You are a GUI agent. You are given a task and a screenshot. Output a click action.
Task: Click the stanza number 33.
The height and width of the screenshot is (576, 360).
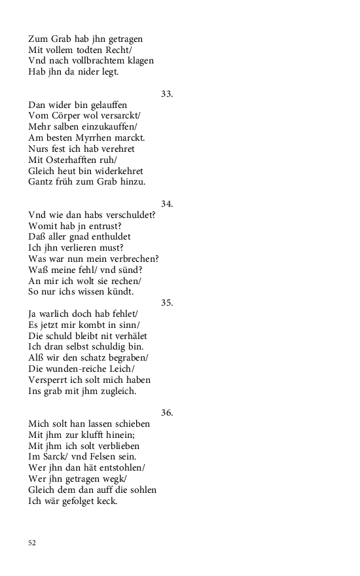pyautogui.click(x=167, y=94)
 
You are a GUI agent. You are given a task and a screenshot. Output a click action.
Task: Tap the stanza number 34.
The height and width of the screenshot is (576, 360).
pyautogui.click(x=167, y=204)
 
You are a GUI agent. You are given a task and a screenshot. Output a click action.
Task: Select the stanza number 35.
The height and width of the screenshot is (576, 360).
pyautogui.click(x=167, y=303)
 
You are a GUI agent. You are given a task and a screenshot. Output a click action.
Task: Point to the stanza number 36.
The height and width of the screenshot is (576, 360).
pyautogui.click(x=167, y=413)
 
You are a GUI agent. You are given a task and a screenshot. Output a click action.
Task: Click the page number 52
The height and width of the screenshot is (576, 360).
pyautogui.click(x=32, y=543)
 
